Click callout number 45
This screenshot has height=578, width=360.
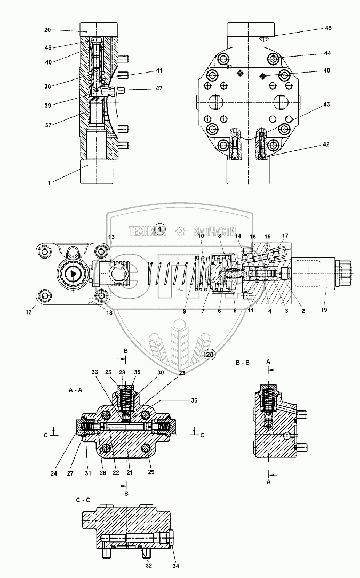click(328, 28)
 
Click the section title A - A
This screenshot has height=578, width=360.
click(76, 390)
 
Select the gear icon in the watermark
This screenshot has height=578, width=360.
click(180, 231)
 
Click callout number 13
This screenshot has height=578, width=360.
click(111, 237)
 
